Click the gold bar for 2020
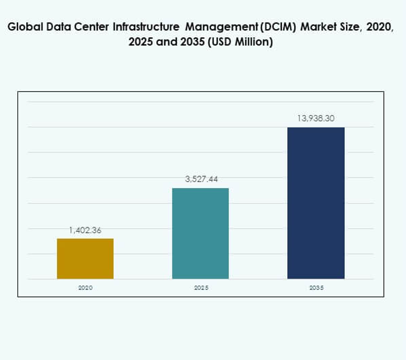click(x=85, y=259)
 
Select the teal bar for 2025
click(x=200, y=233)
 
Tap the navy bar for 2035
click(x=316, y=203)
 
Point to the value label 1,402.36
click(x=85, y=230)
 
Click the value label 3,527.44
click(x=201, y=179)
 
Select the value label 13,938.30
click(x=316, y=118)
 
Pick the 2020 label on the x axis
click(x=85, y=288)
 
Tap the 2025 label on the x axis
click(x=201, y=288)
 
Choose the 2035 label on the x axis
click(x=316, y=288)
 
